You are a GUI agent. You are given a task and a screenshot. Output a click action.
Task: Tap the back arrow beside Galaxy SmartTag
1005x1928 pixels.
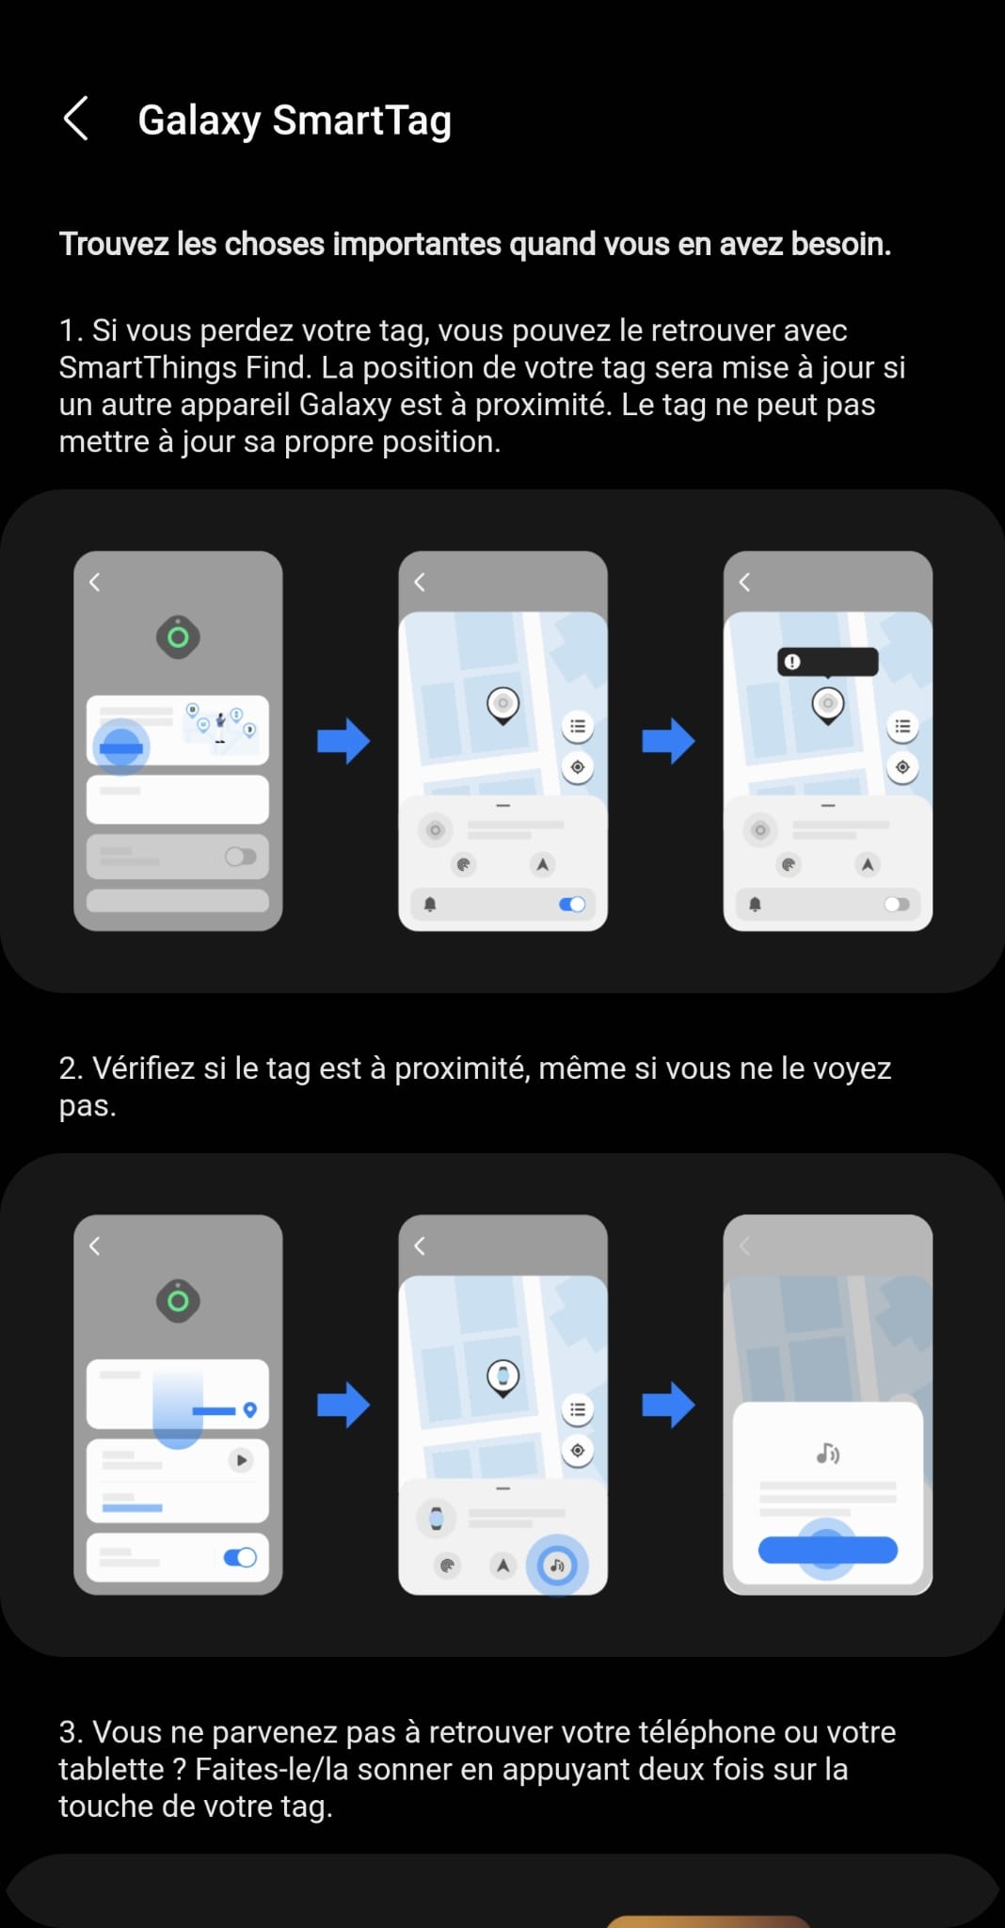[x=75, y=119]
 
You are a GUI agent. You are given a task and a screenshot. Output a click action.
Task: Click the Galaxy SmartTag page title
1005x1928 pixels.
[x=295, y=120]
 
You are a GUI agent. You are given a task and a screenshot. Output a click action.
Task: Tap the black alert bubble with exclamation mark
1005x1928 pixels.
[x=828, y=662]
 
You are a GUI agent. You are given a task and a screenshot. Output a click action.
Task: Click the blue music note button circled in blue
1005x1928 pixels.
[x=557, y=1566]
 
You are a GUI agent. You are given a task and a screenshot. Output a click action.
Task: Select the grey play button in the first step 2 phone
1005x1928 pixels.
[x=242, y=1460]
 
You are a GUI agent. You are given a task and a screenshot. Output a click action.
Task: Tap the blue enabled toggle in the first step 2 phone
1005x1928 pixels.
[x=240, y=1557]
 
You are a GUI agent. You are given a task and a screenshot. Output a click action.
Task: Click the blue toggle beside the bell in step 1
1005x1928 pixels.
[x=572, y=904]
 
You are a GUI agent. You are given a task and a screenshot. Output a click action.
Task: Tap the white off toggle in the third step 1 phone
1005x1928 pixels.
[x=897, y=904]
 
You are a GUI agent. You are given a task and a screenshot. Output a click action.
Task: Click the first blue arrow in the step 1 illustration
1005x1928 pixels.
[x=343, y=741]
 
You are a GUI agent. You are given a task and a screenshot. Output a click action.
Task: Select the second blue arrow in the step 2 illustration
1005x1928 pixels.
[x=668, y=1405]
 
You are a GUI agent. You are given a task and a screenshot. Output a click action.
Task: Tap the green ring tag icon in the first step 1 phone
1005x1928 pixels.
[x=178, y=637]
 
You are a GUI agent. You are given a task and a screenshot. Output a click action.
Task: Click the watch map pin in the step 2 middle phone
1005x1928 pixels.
[x=503, y=1378]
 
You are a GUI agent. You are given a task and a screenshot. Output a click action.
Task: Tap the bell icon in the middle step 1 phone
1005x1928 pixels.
[x=430, y=904]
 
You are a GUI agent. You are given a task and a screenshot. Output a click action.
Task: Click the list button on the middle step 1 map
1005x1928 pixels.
[x=578, y=726]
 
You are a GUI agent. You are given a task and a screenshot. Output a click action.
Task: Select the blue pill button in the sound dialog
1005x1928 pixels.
[x=828, y=1550]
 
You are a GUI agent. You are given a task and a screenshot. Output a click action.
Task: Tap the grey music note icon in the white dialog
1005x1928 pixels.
[x=828, y=1454]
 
